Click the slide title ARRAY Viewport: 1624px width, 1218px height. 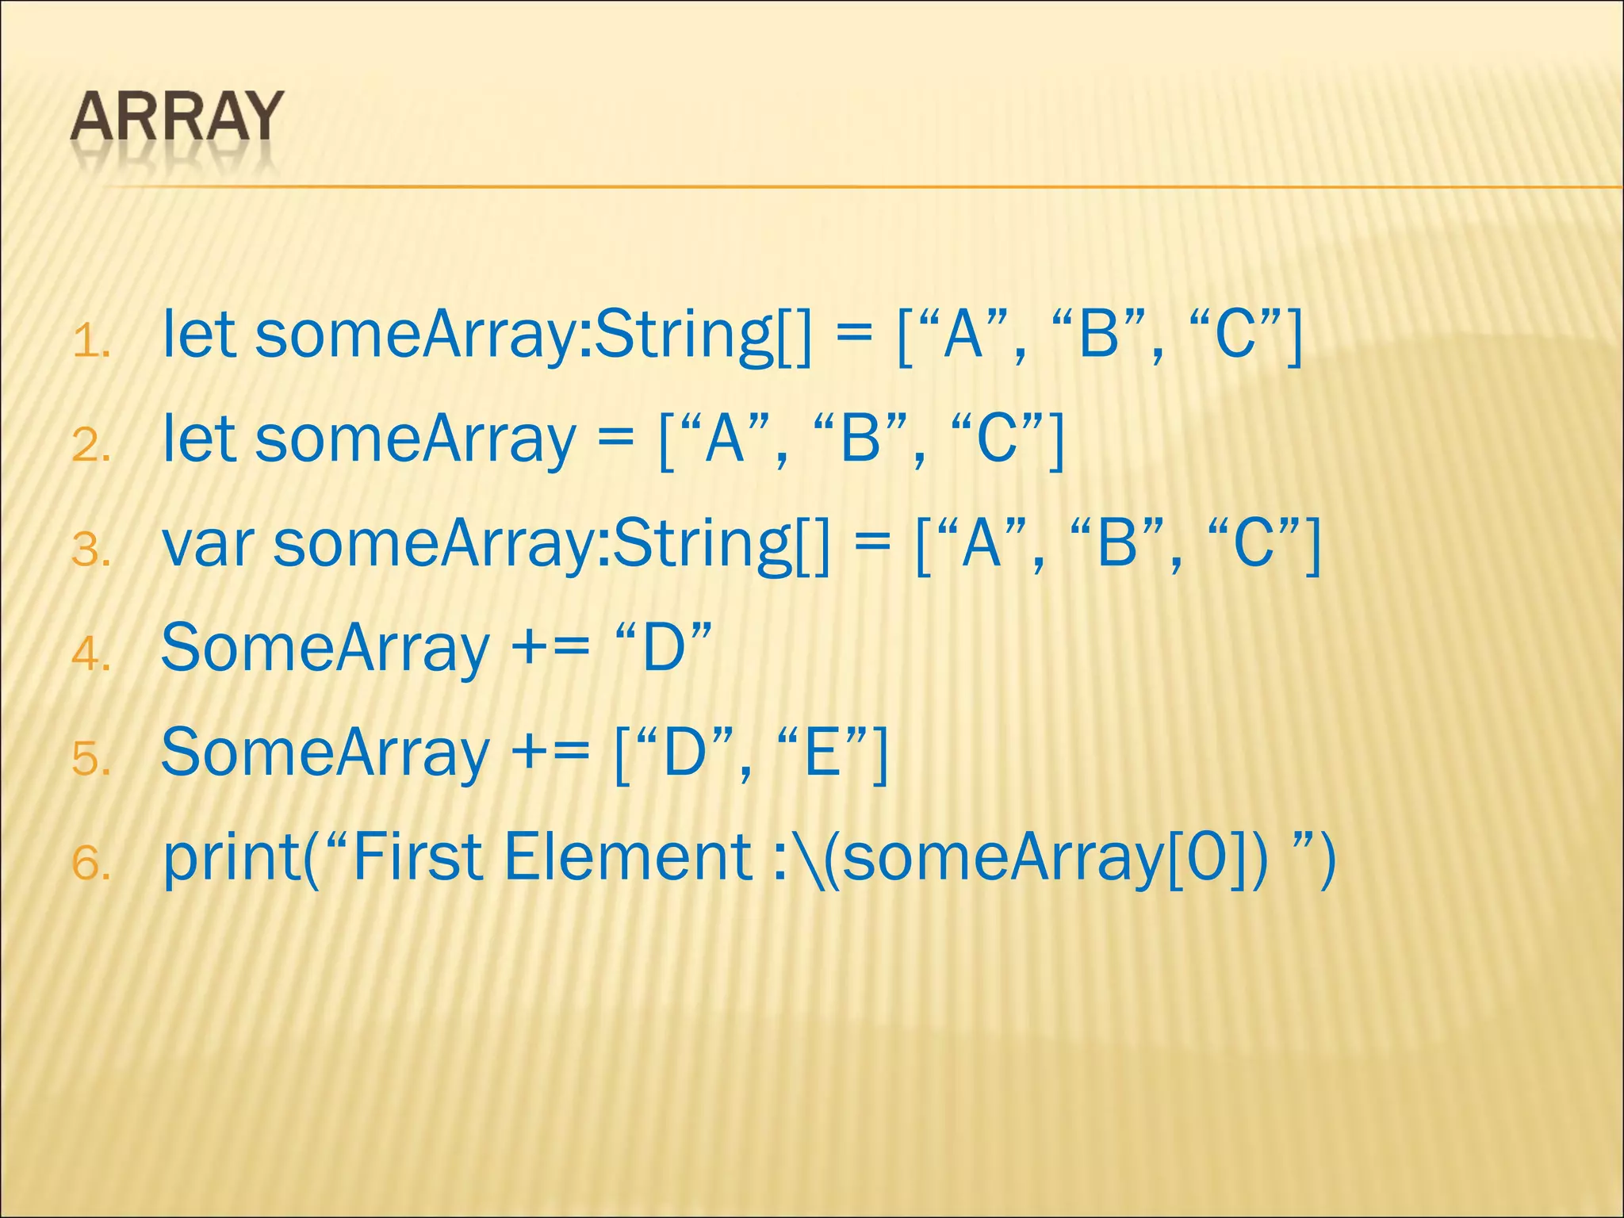[176, 117]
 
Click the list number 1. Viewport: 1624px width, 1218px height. [90, 343]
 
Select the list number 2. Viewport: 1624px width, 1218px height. [90, 446]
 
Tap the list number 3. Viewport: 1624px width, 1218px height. [90, 550]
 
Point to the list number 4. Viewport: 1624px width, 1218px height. [90, 654]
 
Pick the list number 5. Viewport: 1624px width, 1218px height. [90, 759]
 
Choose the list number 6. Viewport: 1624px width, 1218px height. [90, 864]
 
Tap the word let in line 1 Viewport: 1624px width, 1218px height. [198, 335]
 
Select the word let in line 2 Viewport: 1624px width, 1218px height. [198, 439]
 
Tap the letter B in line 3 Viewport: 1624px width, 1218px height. [1117, 545]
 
